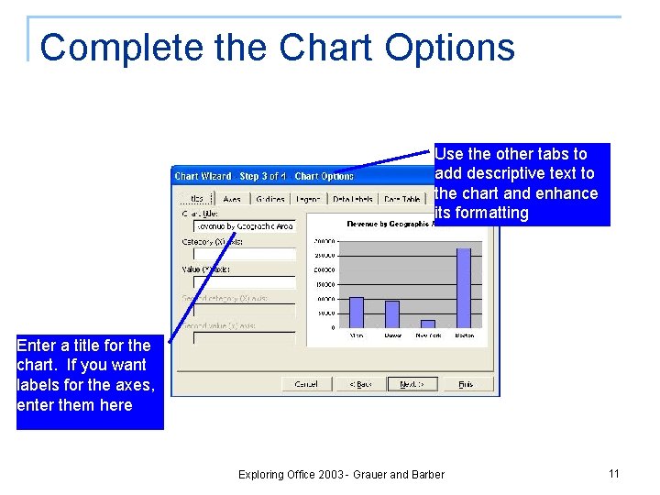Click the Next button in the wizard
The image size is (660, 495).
click(412, 384)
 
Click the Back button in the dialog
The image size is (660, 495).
click(360, 384)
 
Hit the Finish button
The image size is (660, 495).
click(466, 384)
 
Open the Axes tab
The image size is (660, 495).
click(232, 199)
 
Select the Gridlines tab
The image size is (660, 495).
click(269, 199)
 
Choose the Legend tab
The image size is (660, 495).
click(308, 199)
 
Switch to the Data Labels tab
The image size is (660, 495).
click(352, 199)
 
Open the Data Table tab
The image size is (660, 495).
click(401, 199)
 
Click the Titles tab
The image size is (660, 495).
click(195, 199)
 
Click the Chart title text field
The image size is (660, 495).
click(244, 226)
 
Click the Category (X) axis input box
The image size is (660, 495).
click(244, 254)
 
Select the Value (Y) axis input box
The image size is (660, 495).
click(244, 282)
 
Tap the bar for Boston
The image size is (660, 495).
click(463, 288)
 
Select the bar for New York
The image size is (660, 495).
click(427, 324)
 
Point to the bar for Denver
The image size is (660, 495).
click(391, 313)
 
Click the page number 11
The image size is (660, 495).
click(613, 473)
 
